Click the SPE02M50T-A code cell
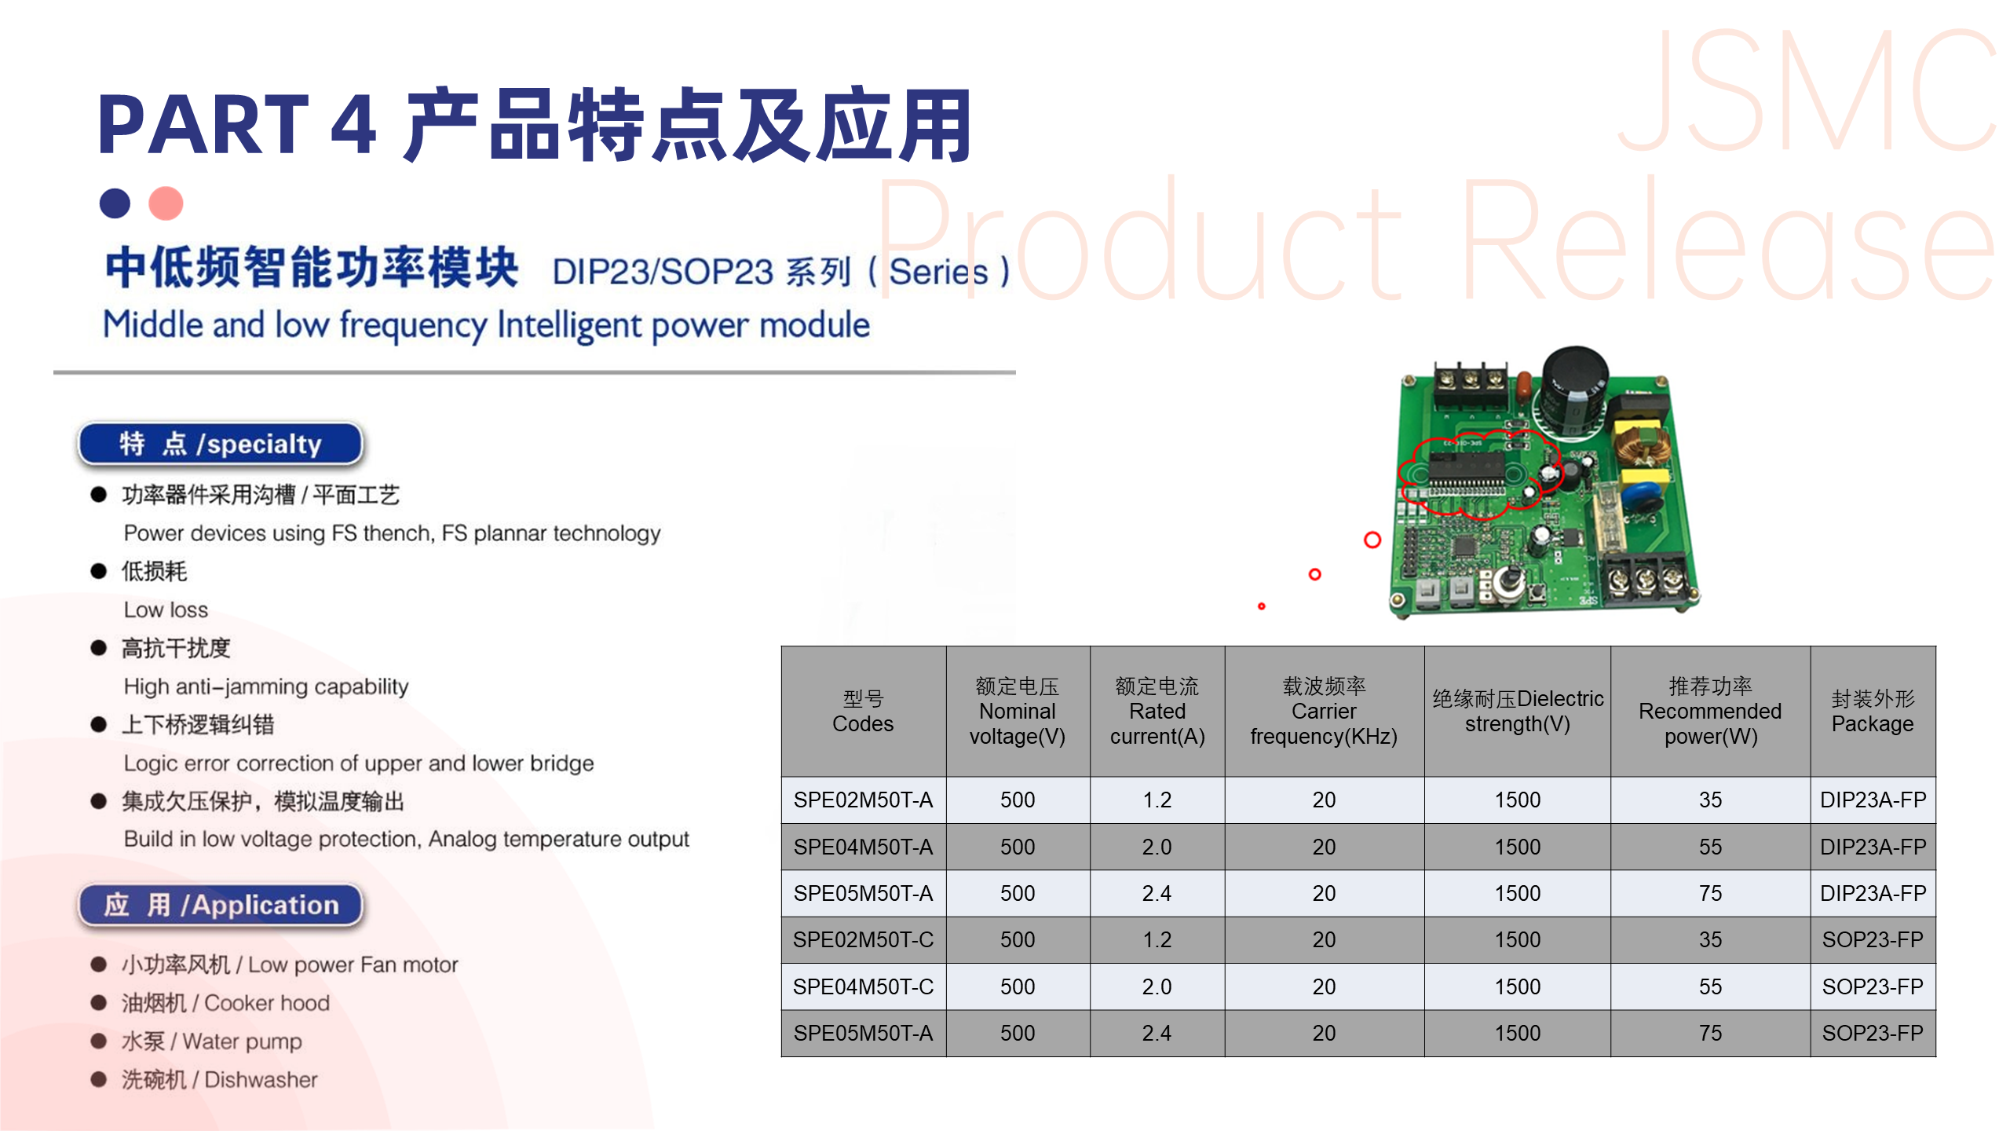(x=863, y=800)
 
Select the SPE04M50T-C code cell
(x=863, y=986)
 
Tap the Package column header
(x=1873, y=711)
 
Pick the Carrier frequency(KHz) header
(x=1324, y=711)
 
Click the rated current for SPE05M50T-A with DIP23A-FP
(x=1157, y=893)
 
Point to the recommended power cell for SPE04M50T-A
(x=1710, y=847)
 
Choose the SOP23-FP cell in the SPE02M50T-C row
(x=1873, y=939)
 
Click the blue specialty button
(x=221, y=444)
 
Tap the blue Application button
(x=221, y=905)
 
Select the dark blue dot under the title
(x=115, y=203)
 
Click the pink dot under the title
(x=166, y=203)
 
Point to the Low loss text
(x=166, y=609)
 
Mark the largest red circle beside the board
(x=1372, y=540)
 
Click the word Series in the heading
(x=938, y=273)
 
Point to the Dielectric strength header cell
(x=1517, y=711)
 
